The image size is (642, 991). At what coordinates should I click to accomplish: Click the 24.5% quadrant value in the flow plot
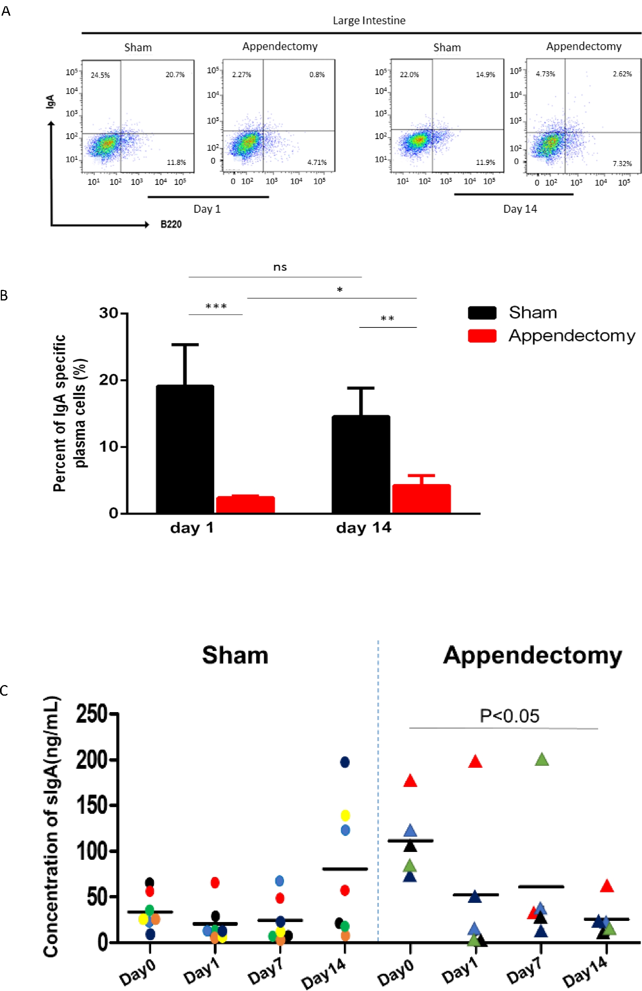[x=100, y=75]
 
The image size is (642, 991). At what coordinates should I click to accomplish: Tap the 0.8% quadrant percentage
[x=317, y=74]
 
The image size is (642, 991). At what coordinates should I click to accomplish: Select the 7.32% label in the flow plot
[x=622, y=164]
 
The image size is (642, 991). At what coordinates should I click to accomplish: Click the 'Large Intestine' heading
[x=369, y=20]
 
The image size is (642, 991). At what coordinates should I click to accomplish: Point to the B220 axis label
[x=171, y=224]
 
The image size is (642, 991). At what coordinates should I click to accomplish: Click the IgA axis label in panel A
[x=51, y=101]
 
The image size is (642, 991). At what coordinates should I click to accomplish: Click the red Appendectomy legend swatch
[x=482, y=336]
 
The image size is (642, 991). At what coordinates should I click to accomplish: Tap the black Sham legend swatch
[x=482, y=313]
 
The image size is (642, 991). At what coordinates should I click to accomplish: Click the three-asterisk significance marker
[x=216, y=307]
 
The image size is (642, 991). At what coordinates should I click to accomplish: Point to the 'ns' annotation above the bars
[x=280, y=267]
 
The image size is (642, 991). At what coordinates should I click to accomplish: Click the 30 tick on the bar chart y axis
[x=109, y=313]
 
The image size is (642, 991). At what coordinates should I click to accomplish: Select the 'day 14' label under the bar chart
[x=363, y=528]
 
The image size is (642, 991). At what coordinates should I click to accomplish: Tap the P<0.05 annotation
[x=509, y=716]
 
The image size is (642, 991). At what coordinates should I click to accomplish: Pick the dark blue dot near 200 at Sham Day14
[x=345, y=762]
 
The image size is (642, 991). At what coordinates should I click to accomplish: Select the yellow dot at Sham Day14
[x=345, y=815]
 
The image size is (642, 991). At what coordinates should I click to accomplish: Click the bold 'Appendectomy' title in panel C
[x=532, y=655]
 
